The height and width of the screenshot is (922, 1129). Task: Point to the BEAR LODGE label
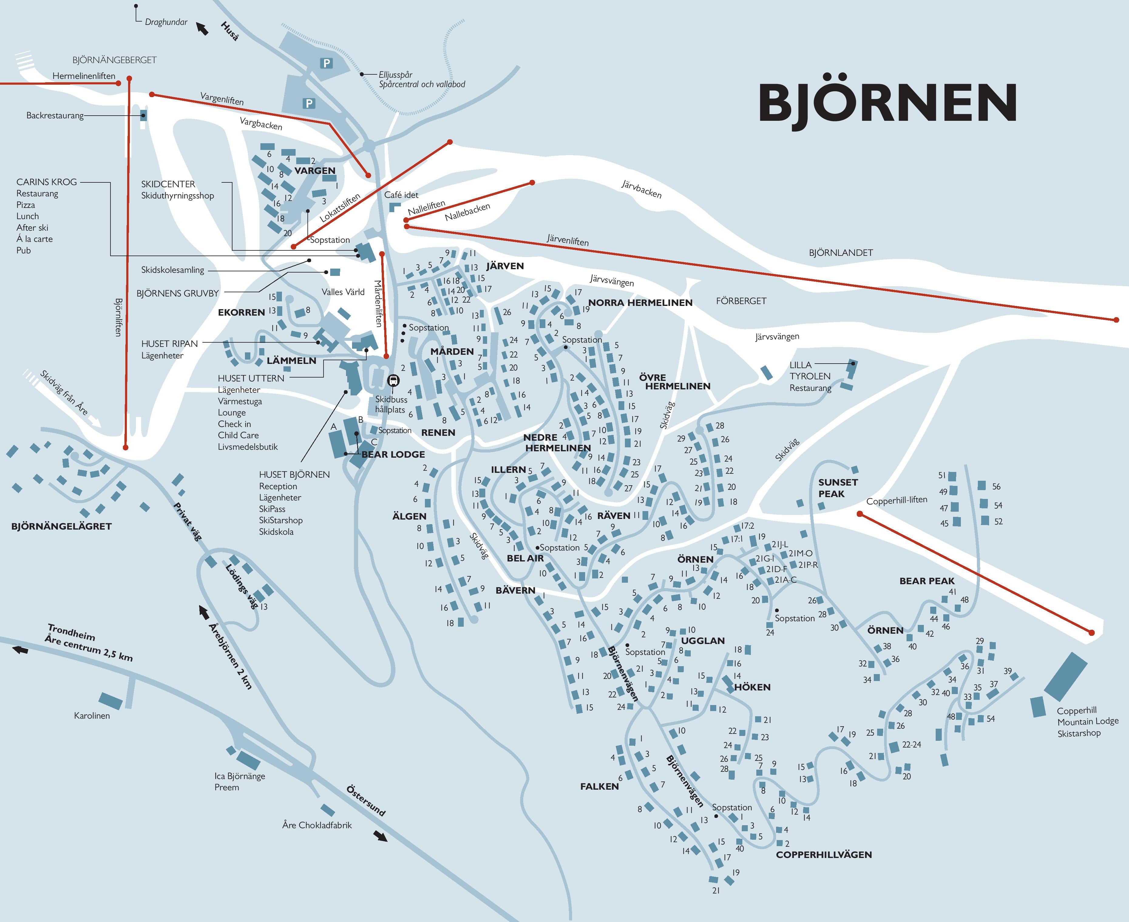(393, 454)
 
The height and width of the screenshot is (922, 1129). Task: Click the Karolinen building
(110, 700)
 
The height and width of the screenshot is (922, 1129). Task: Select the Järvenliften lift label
(567, 240)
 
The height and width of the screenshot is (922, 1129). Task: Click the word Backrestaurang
(55, 115)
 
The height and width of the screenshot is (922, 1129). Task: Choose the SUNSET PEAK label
(837, 487)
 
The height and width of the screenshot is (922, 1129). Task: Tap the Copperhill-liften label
(897, 500)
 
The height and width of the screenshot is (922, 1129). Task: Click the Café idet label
(401, 195)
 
